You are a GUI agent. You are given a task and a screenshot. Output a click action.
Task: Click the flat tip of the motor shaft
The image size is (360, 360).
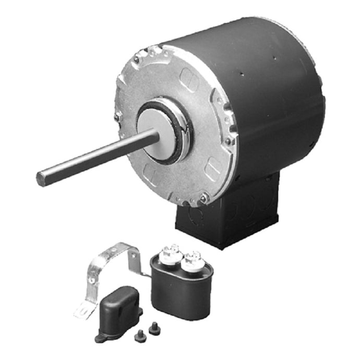[x=42, y=179]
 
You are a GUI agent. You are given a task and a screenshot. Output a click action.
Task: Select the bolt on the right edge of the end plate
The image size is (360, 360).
[x=229, y=141]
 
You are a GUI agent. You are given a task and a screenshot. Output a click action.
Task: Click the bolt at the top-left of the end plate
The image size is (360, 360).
[x=136, y=61]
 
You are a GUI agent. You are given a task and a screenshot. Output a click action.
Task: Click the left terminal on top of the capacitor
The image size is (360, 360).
[x=171, y=251]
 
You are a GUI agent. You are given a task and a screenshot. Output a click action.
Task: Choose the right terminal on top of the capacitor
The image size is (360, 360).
[x=192, y=257]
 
